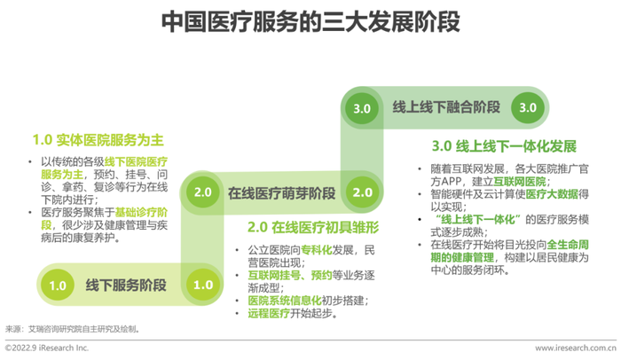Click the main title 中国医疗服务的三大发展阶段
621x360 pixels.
click(310, 22)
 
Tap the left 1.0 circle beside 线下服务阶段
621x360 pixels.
click(58, 285)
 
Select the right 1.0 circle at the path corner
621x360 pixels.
click(203, 285)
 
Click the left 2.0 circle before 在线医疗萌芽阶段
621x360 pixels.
click(203, 192)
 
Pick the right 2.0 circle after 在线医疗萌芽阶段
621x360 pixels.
click(362, 192)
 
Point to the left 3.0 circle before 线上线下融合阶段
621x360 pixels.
click(362, 108)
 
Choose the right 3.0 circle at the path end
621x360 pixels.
click(528, 107)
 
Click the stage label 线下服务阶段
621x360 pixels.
click(126, 286)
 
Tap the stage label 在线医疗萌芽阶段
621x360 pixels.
click(281, 193)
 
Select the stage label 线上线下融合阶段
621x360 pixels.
click(446, 107)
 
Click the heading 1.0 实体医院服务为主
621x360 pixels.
click(98, 140)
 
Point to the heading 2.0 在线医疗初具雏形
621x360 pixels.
click(313, 227)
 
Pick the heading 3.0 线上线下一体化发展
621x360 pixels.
click(504, 146)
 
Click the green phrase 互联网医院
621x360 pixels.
click(520, 182)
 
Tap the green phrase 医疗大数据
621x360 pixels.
click(552, 194)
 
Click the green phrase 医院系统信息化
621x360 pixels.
click(285, 301)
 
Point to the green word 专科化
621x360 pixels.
click(317, 250)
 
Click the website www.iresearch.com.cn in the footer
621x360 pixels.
click(576, 348)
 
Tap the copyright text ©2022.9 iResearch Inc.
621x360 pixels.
click(47, 348)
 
